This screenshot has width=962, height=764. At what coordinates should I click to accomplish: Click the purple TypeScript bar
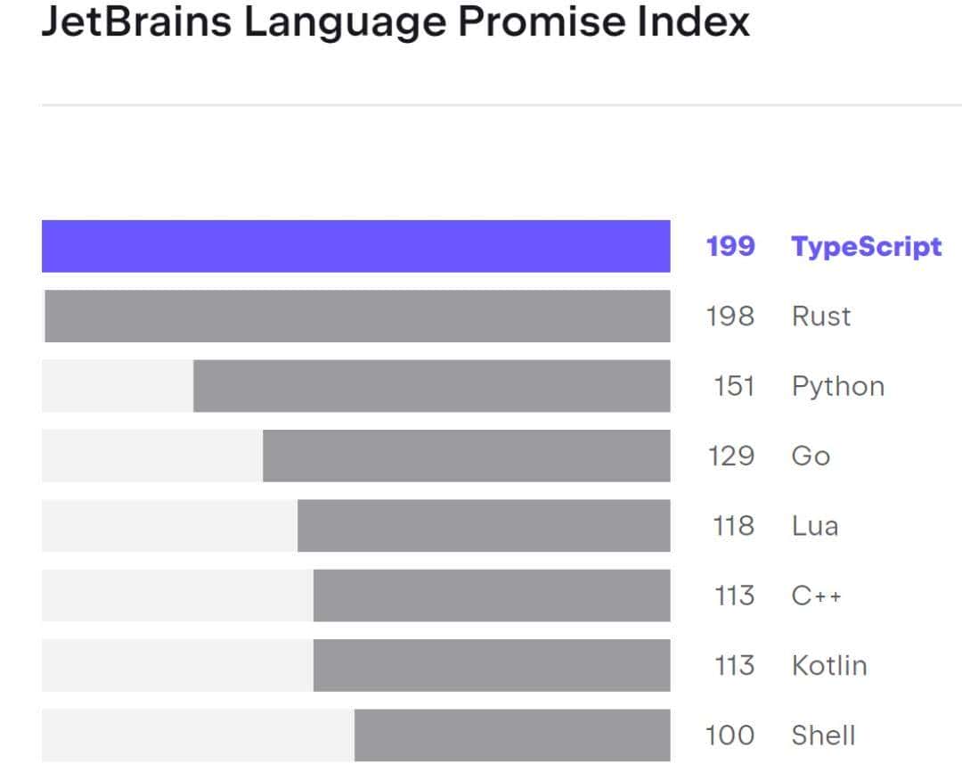click(355, 246)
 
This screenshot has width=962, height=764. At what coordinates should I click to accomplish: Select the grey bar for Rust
click(356, 316)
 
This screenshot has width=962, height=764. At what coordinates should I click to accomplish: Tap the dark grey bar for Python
click(431, 386)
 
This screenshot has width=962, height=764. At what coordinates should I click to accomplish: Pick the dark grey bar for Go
click(466, 456)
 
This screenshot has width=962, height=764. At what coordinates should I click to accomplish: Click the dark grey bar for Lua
click(483, 526)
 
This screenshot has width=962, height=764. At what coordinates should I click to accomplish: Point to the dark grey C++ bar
click(491, 596)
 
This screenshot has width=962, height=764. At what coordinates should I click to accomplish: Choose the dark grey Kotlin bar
click(491, 665)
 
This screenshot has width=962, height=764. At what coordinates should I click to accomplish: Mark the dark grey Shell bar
click(511, 735)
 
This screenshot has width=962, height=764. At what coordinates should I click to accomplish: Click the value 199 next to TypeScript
click(730, 246)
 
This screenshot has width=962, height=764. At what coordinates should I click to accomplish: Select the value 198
click(730, 316)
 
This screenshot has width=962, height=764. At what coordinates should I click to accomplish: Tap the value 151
click(734, 386)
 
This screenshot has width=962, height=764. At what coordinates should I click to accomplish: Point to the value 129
click(731, 456)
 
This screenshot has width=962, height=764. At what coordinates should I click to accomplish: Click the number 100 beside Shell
click(730, 735)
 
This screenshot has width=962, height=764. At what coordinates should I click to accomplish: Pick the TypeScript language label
click(866, 246)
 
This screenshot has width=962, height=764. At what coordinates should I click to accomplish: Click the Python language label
click(837, 387)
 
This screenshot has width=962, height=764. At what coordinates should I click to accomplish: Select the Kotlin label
click(828, 665)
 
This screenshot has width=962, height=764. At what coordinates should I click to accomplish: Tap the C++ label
click(816, 596)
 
